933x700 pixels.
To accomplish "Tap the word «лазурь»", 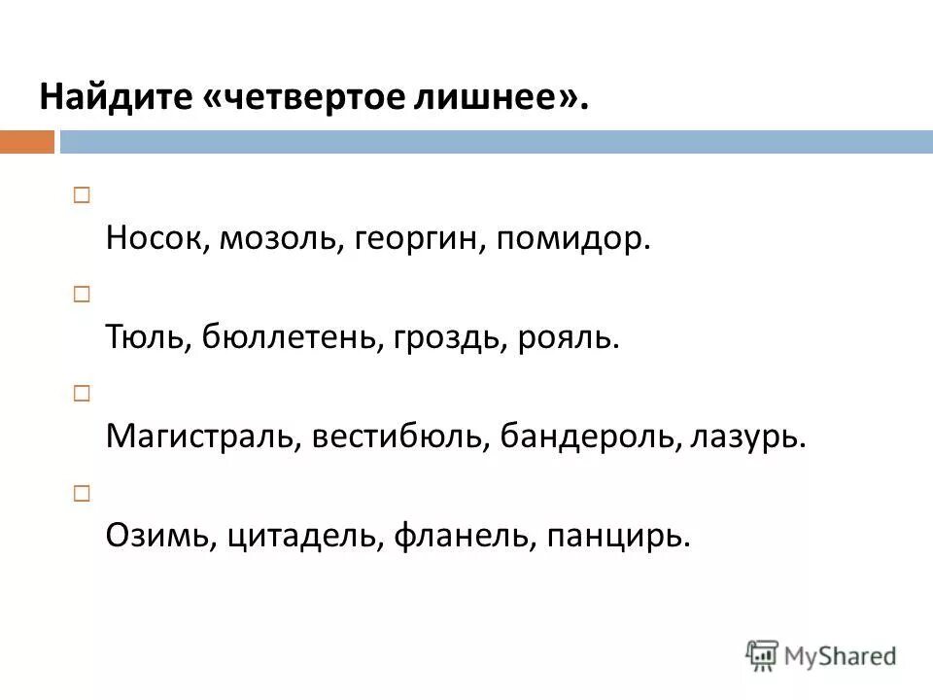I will click(x=748, y=437).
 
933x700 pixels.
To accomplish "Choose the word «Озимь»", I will click(x=155, y=535).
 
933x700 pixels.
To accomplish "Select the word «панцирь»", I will click(x=618, y=536).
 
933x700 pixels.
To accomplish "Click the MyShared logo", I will click(x=821, y=656).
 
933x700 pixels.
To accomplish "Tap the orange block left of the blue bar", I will click(x=27, y=142).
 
